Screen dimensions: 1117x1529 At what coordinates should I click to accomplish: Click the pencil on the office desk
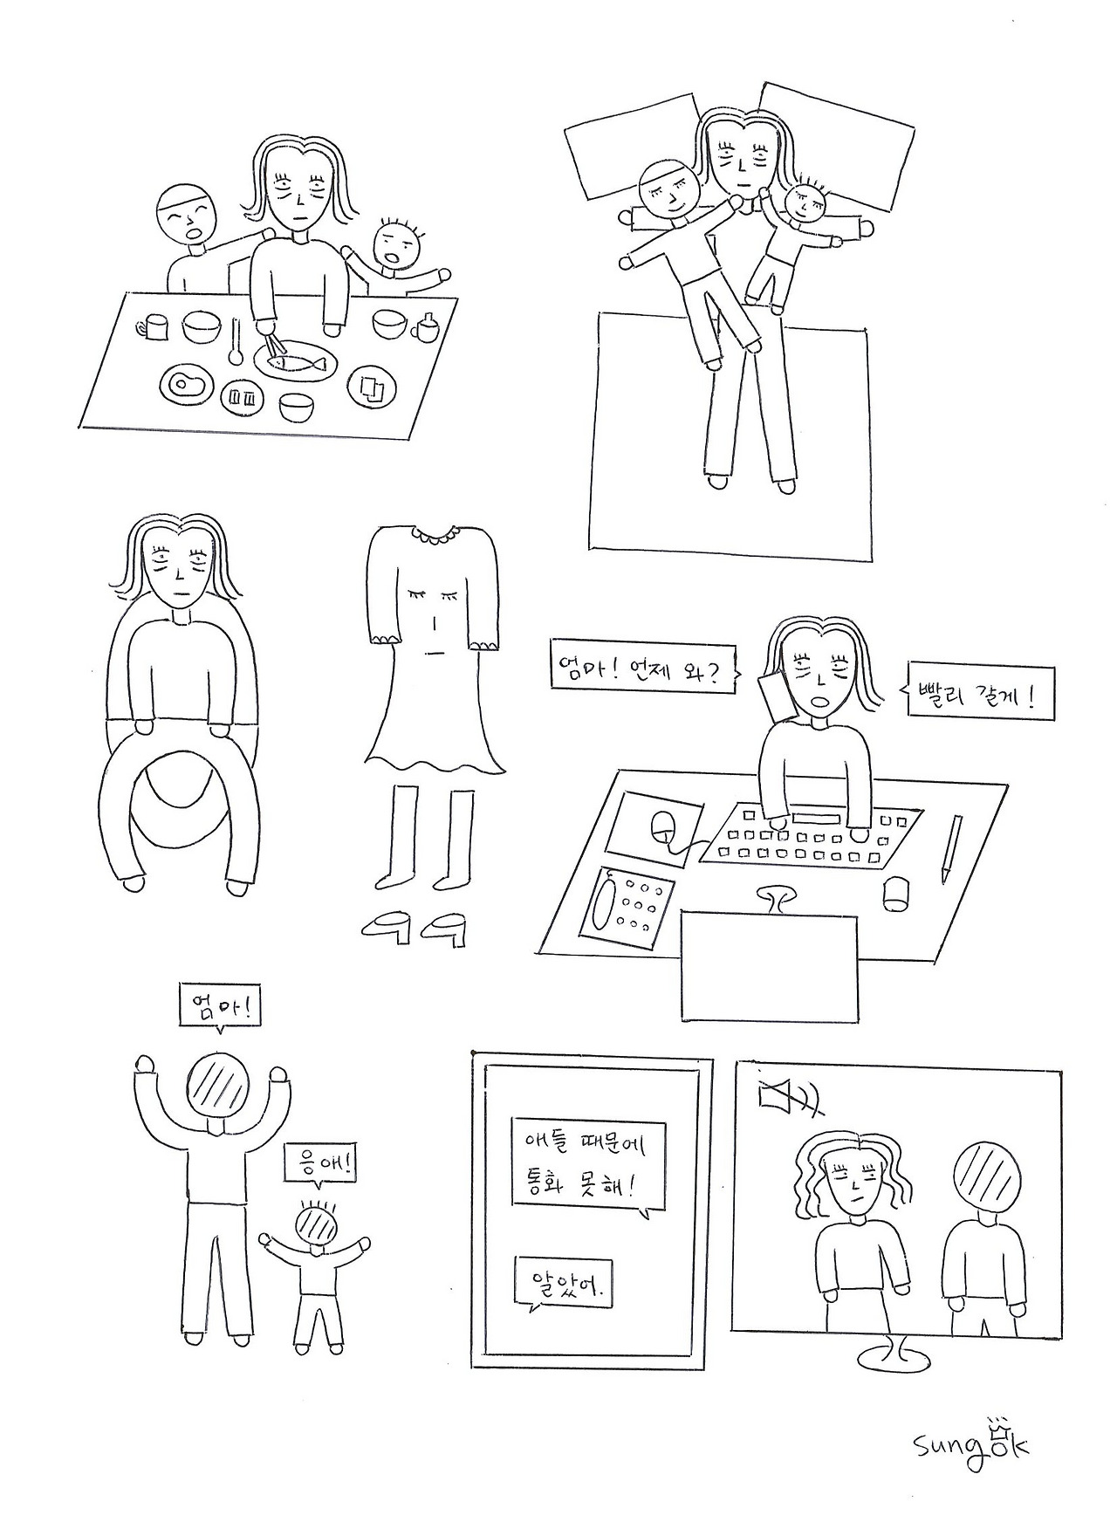952,848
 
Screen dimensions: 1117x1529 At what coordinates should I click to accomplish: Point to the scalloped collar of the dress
435,531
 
